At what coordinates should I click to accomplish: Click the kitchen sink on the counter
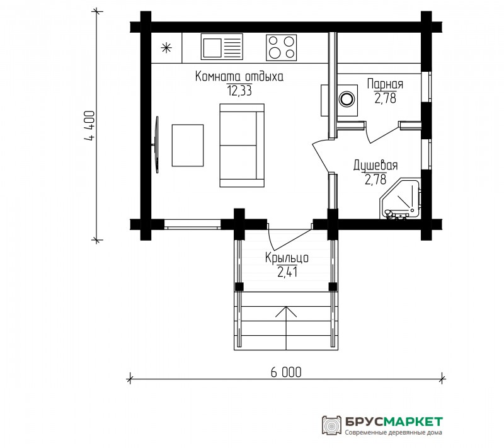coord(222,47)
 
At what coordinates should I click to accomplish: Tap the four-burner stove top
coord(281,47)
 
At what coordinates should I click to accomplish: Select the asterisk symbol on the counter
coord(166,48)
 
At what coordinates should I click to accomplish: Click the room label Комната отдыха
coord(239,76)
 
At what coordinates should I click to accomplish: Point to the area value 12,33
coord(239,91)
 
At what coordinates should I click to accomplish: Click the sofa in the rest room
coord(242,146)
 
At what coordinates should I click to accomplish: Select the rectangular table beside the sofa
coord(188,146)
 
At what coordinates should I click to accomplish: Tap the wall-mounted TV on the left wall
coord(156,145)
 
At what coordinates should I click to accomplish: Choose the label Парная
coord(385,84)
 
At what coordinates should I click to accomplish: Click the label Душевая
coord(375,165)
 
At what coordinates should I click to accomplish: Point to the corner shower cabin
coord(401,199)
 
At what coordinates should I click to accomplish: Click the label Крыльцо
coord(287,258)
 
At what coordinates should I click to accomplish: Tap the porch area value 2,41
coord(287,272)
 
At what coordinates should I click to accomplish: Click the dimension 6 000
coord(286,372)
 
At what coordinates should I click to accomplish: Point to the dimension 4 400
coord(89,126)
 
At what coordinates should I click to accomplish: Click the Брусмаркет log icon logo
coord(331,425)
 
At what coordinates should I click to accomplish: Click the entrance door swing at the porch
coord(289,239)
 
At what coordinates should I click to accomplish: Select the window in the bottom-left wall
coord(192,224)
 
